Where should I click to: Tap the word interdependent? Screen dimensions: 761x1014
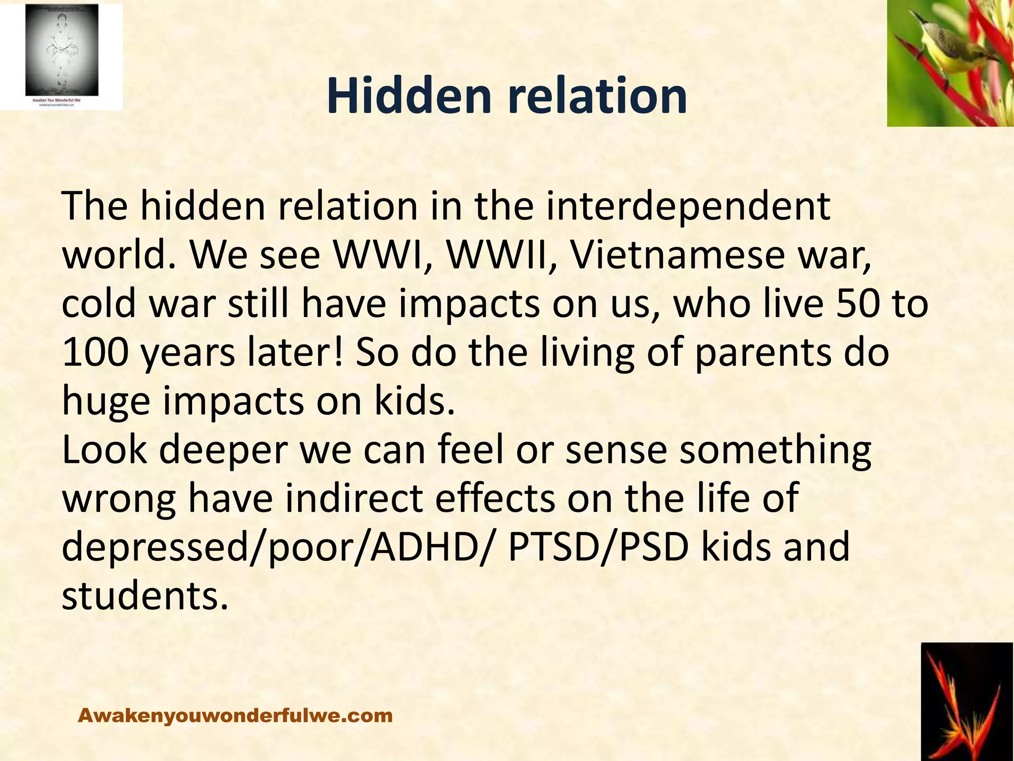[688, 207]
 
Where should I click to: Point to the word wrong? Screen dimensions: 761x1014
[119, 499]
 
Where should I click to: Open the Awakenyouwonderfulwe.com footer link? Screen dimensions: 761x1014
[235, 715]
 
